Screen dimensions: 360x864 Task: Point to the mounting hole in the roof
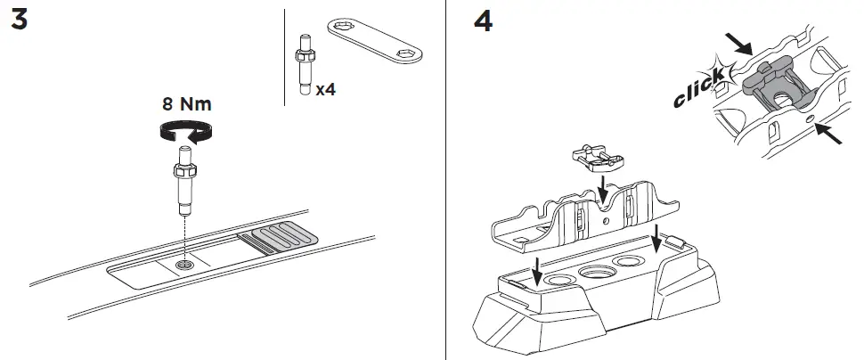pos(183,265)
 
